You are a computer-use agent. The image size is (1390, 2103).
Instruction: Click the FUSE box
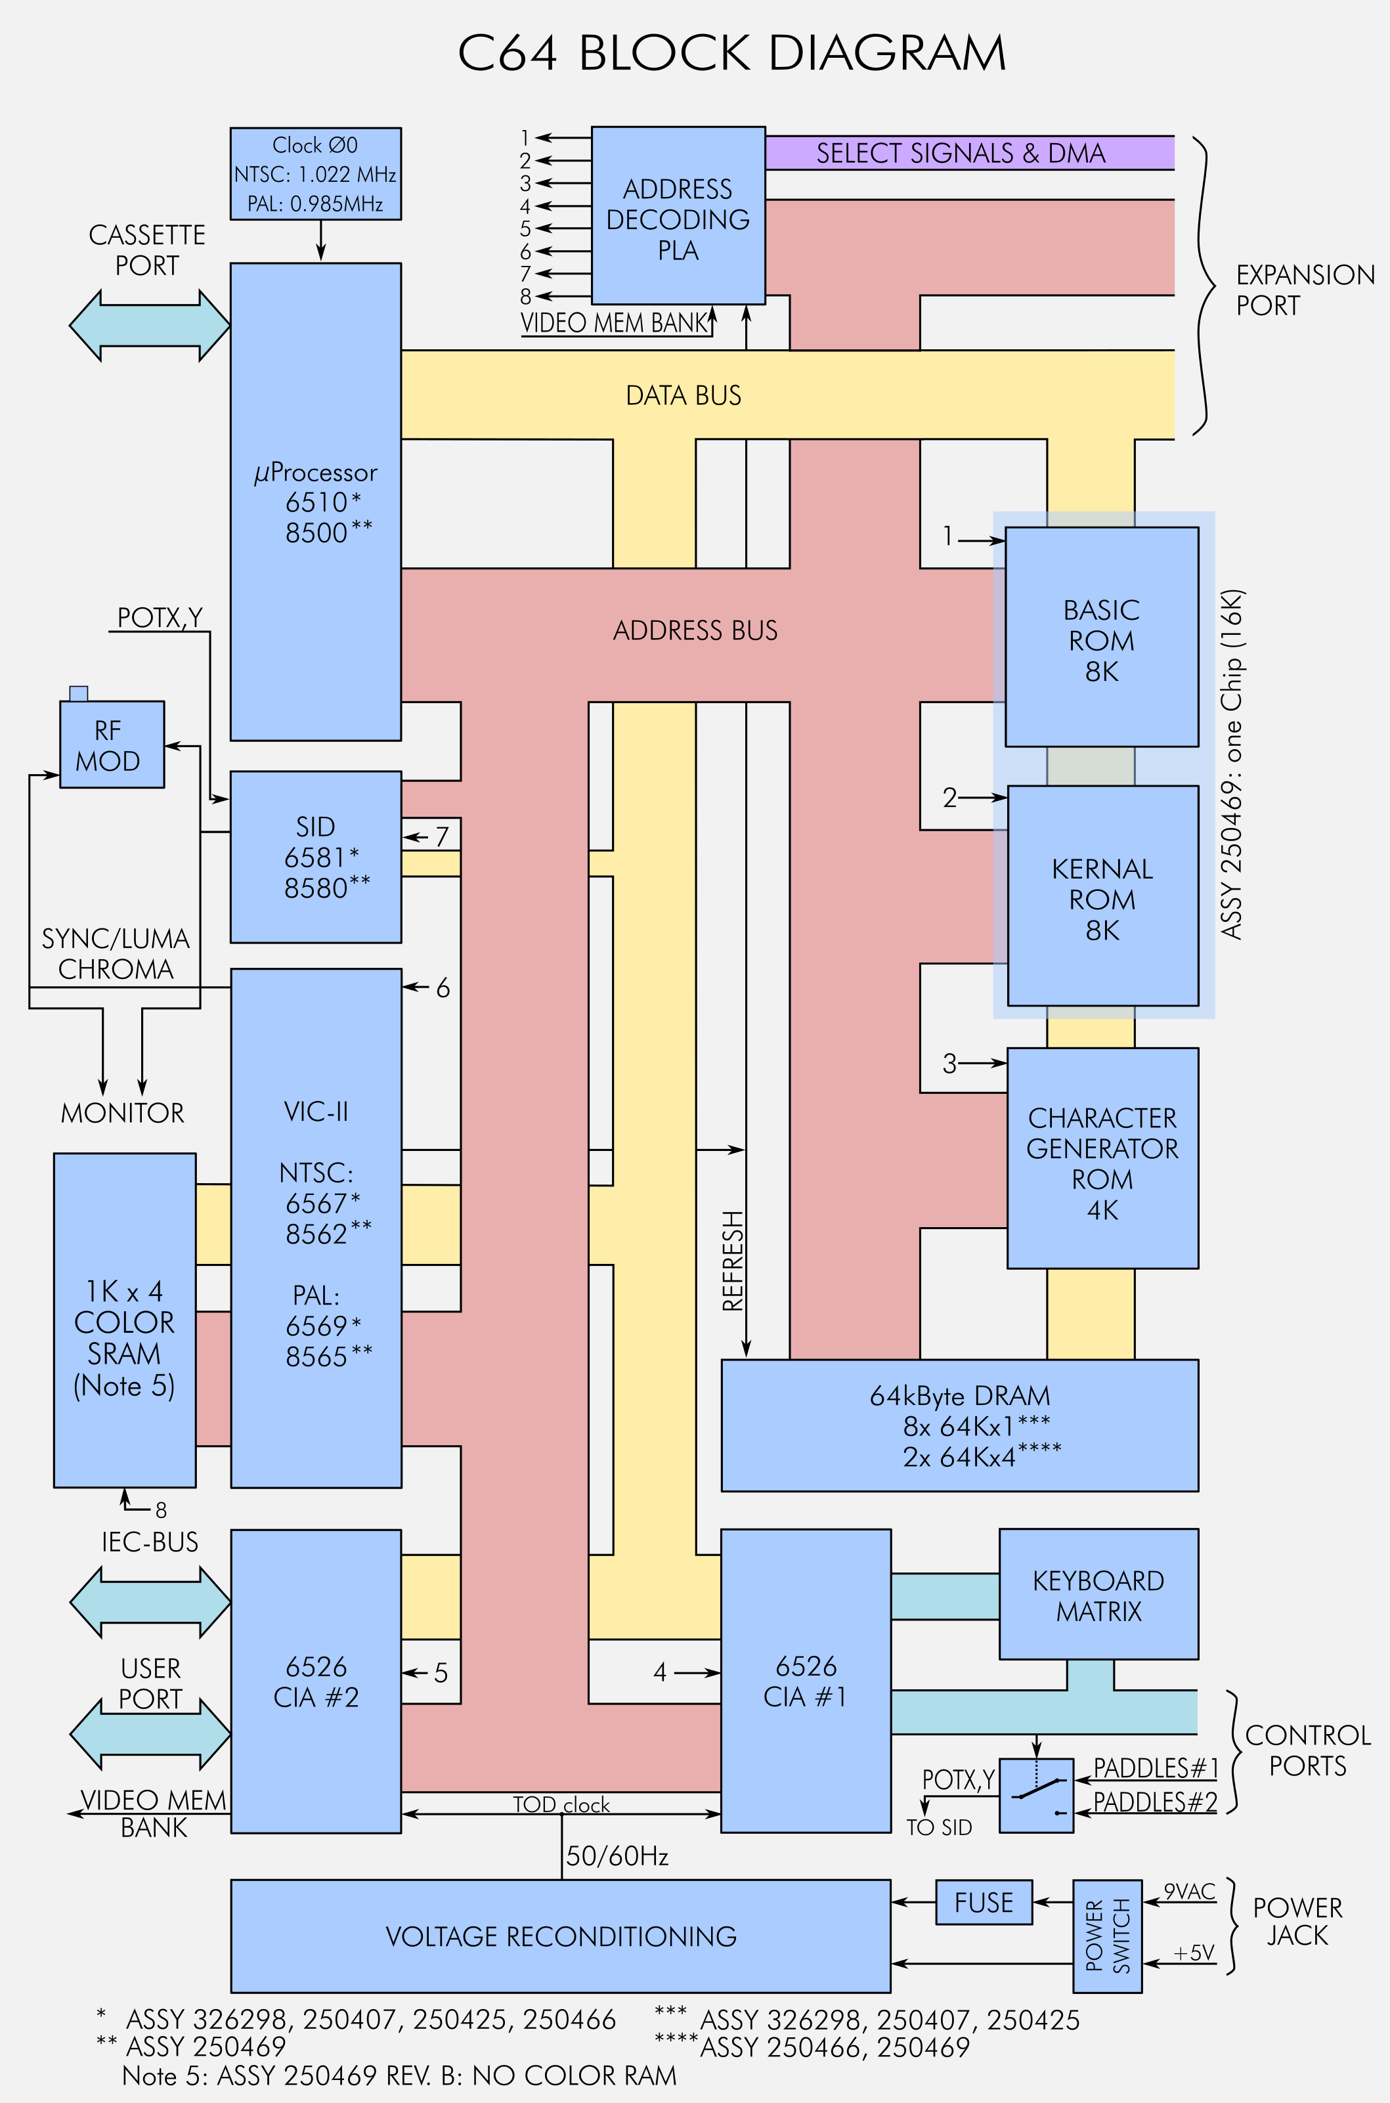984,1903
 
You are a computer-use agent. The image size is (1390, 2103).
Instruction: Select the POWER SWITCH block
1107,1936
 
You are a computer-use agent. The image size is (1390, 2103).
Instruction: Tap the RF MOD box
112,745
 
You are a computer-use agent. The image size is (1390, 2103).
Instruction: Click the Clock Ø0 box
316,174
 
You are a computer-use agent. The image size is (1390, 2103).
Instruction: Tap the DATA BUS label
684,395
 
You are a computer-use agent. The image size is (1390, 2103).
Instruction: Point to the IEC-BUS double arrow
150,1602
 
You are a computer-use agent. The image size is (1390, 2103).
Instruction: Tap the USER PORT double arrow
150,1734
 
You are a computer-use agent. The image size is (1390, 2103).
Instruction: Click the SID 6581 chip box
316,857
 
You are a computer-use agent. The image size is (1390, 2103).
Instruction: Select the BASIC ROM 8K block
1102,637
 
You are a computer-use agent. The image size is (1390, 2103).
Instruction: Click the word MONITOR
122,1113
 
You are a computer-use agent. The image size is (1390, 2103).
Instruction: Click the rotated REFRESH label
732,1261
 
